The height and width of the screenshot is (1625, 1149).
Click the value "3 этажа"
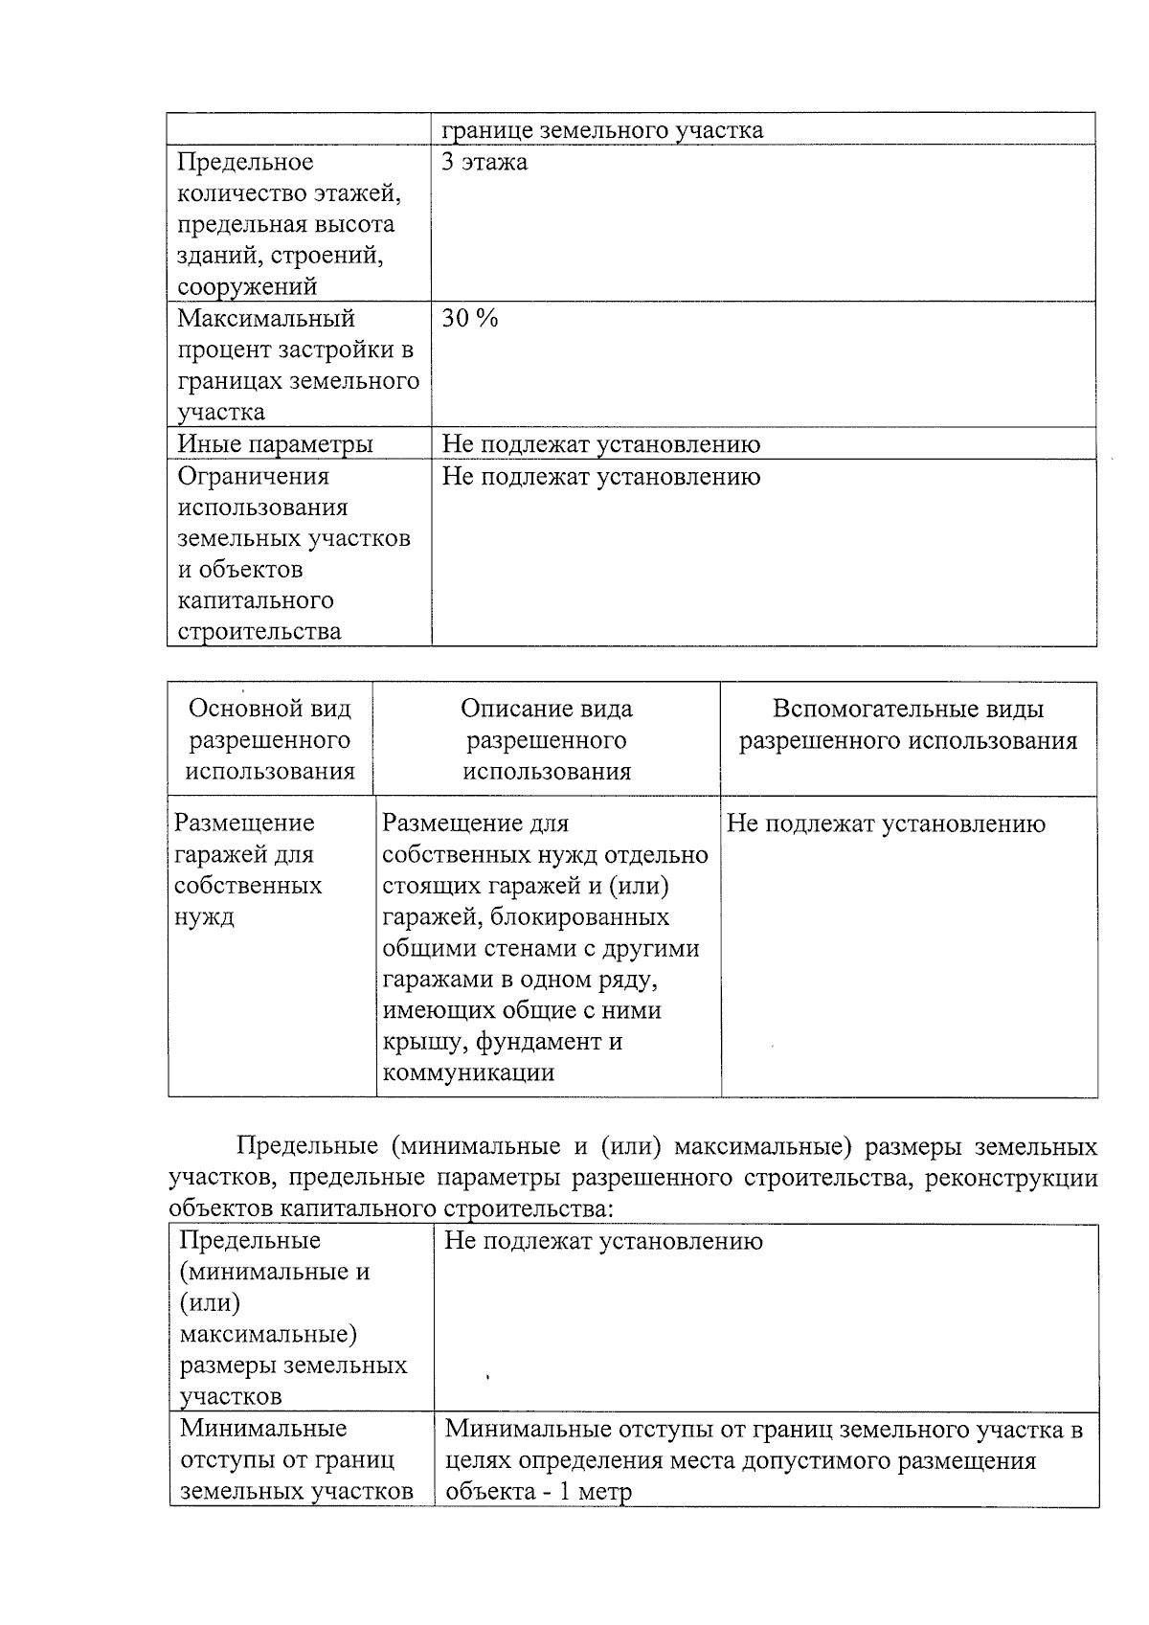point(484,162)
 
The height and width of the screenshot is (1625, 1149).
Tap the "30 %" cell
point(469,319)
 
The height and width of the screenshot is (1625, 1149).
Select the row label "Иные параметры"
point(276,444)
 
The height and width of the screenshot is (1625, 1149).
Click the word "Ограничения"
point(254,476)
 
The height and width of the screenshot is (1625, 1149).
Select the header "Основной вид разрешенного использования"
point(270,740)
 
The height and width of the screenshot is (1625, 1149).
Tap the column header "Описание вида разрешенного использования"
point(547,740)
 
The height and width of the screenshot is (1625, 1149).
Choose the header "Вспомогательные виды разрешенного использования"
point(908,725)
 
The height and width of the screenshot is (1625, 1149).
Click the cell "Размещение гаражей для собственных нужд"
point(247,869)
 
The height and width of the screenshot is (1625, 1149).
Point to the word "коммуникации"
point(468,1072)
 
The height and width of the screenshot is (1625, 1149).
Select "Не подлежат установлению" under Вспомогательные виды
point(886,824)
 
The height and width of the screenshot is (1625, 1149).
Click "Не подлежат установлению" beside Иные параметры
point(601,444)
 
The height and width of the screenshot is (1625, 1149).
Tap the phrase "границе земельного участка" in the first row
point(602,130)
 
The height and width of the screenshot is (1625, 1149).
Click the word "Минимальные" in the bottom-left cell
point(263,1429)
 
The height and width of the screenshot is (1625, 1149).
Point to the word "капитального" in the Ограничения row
point(256,600)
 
